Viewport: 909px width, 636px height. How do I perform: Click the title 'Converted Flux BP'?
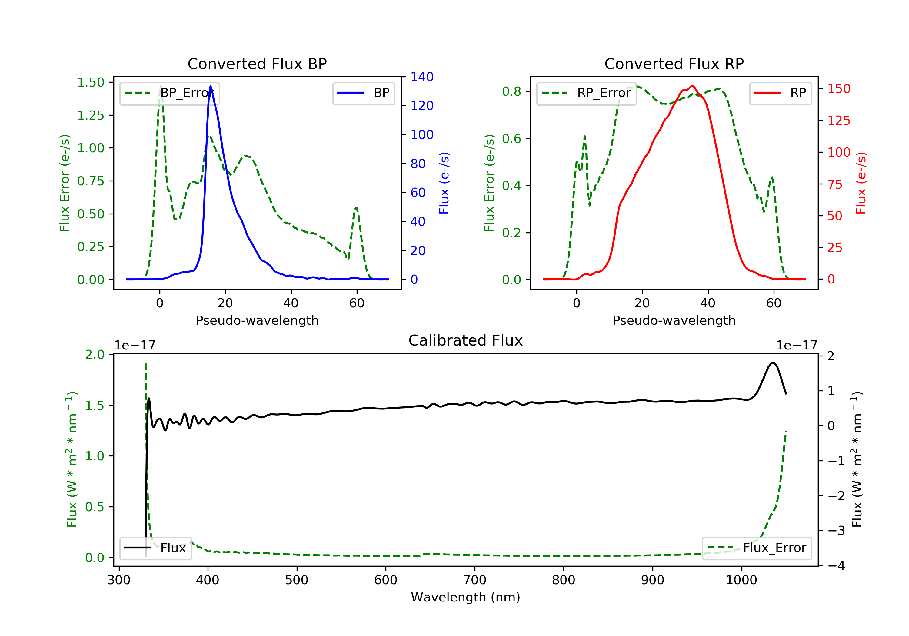tap(257, 64)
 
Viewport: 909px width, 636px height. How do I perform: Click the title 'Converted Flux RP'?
tap(674, 64)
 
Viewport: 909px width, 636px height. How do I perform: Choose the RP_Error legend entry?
tap(586, 93)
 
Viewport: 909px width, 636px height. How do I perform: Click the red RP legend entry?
tap(780, 93)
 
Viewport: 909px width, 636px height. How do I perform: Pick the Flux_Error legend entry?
tap(757, 548)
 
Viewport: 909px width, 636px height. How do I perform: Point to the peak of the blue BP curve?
tap(211, 86)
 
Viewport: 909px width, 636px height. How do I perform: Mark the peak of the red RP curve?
tap(692, 86)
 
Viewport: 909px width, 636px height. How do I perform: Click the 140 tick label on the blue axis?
tap(422, 77)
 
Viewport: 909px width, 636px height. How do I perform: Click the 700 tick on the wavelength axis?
tap(475, 580)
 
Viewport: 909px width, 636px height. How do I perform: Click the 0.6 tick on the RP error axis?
tap(511, 138)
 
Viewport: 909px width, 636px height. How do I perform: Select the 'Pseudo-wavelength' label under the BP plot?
tap(257, 320)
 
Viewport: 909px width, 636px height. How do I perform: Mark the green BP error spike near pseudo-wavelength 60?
tap(356, 208)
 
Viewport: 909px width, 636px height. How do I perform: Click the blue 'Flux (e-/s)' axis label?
tap(444, 183)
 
